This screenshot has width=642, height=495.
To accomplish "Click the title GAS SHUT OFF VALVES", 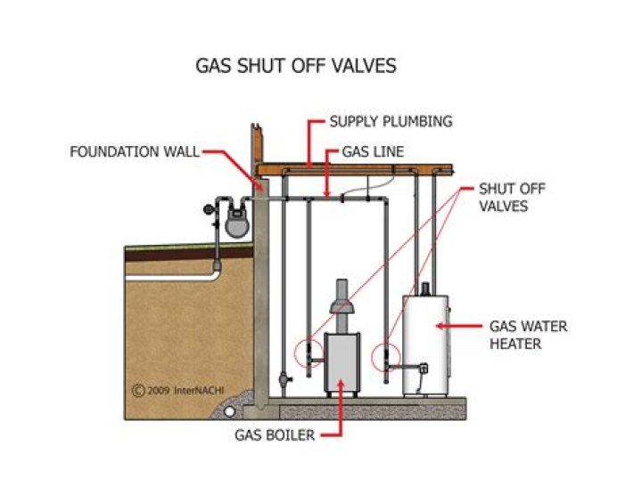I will [295, 66].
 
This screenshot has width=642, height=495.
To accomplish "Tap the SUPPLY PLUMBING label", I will [391, 121].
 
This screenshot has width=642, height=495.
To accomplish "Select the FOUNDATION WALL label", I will [134, 151].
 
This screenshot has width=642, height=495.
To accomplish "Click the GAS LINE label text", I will [373, 152].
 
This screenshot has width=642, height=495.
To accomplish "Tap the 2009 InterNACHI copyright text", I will [176, 389].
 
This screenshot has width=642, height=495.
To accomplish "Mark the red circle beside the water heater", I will [385, 354].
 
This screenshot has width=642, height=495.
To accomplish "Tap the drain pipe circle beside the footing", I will [230, 412].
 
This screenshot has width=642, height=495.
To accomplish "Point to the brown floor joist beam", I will [357, 167].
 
